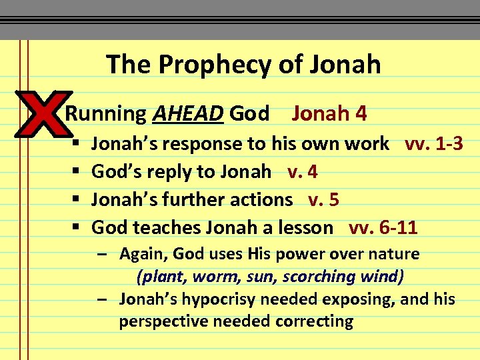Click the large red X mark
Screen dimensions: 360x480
click(41, 113)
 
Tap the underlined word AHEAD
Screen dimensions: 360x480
click(187, 114)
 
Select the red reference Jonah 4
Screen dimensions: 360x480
click(329, 114)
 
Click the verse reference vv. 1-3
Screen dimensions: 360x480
click(434, 143)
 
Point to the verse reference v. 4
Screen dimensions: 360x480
click(303, 171)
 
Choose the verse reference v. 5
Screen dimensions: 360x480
click(324, 199)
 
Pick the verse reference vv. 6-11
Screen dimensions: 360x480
click(383, 227)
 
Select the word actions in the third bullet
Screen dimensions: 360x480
click(260, 199)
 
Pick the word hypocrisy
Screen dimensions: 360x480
click(224, 299)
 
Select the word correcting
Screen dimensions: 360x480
click(317, 321)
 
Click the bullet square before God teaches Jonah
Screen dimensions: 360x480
click(75, 228)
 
